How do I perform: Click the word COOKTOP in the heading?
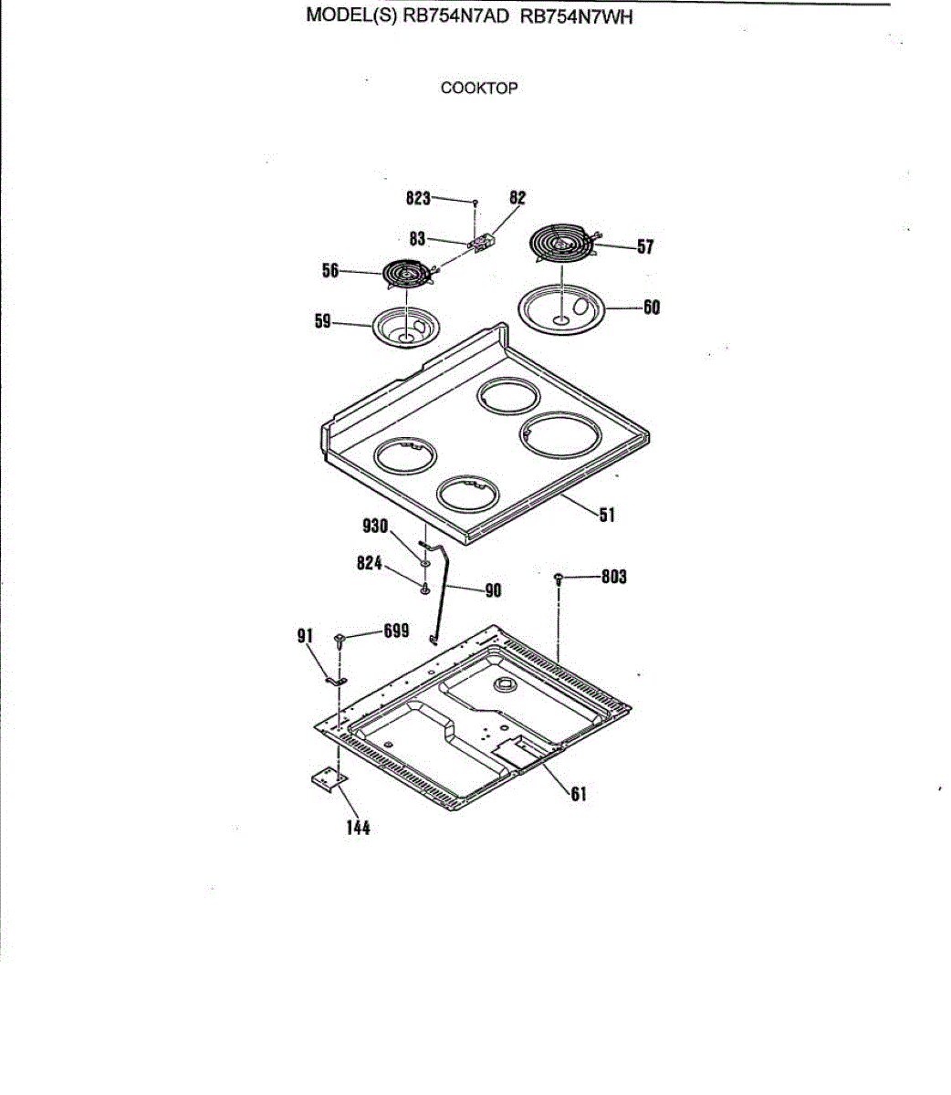479,89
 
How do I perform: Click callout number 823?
418,198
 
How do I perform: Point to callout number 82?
517,198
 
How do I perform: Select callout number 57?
645,246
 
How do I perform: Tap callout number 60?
651,307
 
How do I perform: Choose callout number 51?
607,516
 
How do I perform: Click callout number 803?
613,577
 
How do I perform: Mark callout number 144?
358,828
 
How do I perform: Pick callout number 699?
395,631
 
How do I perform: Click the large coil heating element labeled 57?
562,243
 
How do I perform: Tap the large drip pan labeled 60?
562,310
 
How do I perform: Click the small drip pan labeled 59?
403,328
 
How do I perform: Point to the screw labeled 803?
558,579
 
